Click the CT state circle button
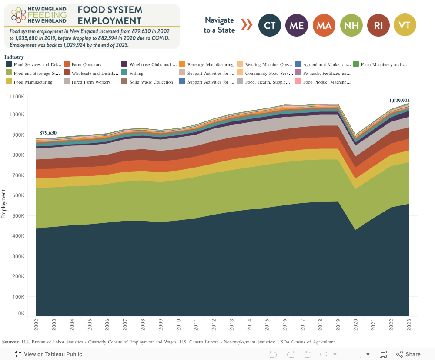tap(270, 25)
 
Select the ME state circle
tap(297, 25)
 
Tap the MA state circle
tap(324, 25)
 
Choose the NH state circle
tap(351, 25)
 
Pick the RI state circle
tap(378, 25)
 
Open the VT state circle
tap(405, 25)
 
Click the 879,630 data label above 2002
tap(48, 133)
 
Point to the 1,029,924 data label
tap(399, 101)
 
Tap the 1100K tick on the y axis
tap(17, 96)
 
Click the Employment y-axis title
tap(3, 204)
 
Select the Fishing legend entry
tap(136, 74)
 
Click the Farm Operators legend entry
tap(86, 65)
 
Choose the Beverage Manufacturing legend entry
tap(210, 65)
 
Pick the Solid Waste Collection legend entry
tap(151, 82)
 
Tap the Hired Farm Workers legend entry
tap(91, 82)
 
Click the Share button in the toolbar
tap(408, 354)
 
